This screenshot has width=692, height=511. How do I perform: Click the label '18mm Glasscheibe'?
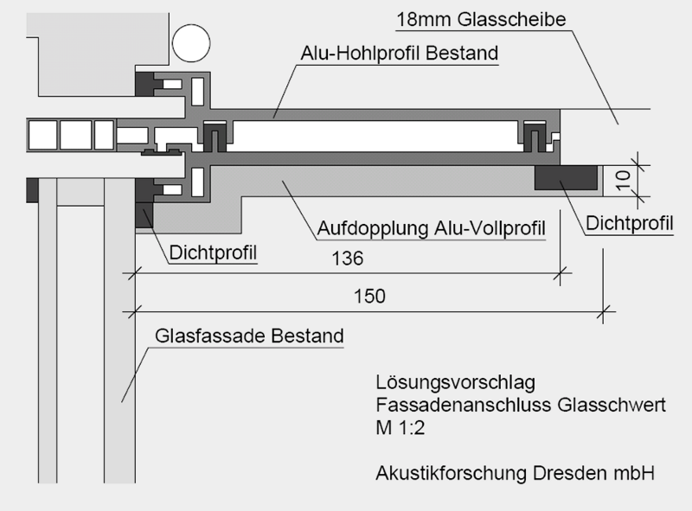(481, 19)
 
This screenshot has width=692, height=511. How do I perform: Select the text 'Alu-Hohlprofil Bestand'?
(400, 53)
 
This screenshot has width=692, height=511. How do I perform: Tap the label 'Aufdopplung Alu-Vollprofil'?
(431, 228)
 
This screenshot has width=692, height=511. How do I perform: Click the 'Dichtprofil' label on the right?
(630, 223)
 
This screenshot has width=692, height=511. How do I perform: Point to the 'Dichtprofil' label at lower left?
(213, 252)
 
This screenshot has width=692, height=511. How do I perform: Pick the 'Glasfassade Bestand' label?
(249, 335)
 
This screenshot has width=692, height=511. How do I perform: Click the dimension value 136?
(348, 259)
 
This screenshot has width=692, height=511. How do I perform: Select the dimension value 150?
(370, 297)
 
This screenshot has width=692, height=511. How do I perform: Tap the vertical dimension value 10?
(623, 181)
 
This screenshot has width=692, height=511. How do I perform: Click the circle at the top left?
(191, 43)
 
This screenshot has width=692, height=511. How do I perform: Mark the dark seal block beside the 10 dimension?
(566, 177)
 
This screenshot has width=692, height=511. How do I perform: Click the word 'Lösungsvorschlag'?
(456, 382)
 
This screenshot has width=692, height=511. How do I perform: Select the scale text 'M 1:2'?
(400, 428)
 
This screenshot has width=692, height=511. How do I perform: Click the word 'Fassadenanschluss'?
(464, 405)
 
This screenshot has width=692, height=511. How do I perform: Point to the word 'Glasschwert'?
(612, 405)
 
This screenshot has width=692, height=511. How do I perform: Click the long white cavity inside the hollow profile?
(375, 136)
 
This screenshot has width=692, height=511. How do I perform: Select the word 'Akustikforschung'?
(452, 474)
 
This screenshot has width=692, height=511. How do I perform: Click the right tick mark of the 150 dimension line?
(603, 311)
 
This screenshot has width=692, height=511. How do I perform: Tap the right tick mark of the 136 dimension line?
(560, 273)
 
